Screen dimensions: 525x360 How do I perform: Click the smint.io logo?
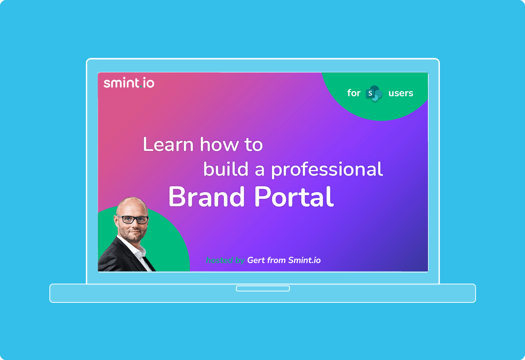(x=129, y=83)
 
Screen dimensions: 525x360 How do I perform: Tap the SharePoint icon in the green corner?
(x=374, y=93)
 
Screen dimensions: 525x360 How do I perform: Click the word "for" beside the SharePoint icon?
(x=354, y=93)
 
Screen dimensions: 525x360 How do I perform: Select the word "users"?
(x=401, y=93)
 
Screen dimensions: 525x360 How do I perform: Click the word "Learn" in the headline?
(x=168, y=144)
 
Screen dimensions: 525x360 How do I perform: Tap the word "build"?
(x=226, y=169)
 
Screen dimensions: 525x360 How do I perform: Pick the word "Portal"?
(x=294, y=197)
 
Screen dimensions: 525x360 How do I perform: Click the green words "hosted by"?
(x=225, y=260)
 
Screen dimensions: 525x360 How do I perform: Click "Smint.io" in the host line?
(x=304, y=260)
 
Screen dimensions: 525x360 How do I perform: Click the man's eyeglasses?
(x=133, y=219)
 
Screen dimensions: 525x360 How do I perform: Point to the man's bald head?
(x=132, y=205)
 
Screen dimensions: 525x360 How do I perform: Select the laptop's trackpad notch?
(x=263, y=288)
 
